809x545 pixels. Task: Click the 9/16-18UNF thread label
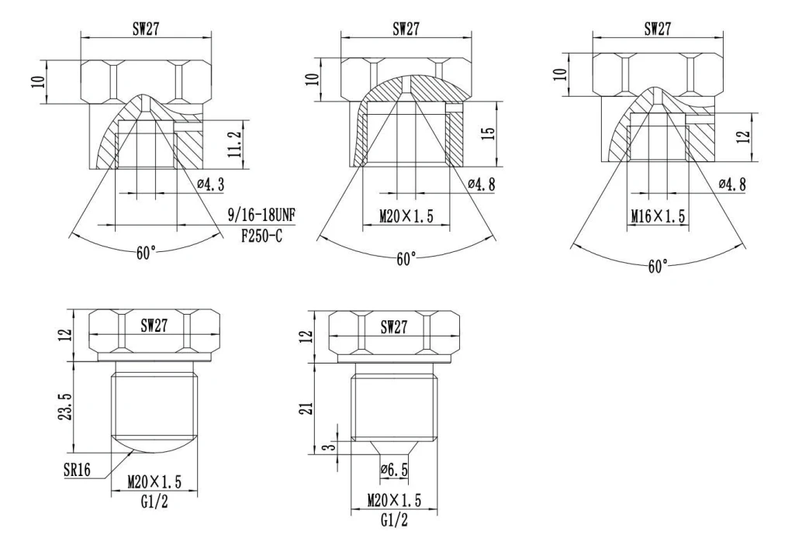click(x=261, y=215)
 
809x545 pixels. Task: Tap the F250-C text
click(x=261, y=236)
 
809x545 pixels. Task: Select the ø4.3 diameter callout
click(x=210, y=184)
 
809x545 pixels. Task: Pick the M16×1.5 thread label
click(x=658, y=216)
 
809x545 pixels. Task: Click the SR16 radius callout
click(x=77, y=470)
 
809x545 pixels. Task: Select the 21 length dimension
click(x=306, y=408)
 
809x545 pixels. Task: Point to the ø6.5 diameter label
click(x=394, y=470)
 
